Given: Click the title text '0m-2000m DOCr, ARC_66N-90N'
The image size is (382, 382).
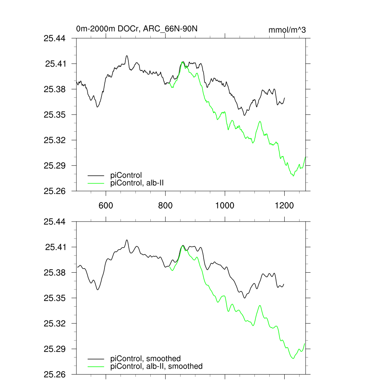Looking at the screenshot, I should [x=139, y=29].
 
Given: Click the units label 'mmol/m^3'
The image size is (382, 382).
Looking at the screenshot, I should [x=287, y=30].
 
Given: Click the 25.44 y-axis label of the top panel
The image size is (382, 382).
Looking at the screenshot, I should [x=55, y=38].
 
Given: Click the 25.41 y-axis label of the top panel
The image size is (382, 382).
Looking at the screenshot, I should [x=55, y=64].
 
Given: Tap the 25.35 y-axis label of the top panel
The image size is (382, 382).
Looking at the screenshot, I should [x=55, y=115].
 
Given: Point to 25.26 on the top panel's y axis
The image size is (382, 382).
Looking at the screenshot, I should [x=55, y=191].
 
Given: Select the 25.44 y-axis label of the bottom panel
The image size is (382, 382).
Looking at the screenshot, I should [x=55, y=222].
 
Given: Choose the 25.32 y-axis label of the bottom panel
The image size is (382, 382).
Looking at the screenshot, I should [x=55, y=323].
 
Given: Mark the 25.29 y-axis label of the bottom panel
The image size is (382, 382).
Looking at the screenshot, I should [x=55, y=349].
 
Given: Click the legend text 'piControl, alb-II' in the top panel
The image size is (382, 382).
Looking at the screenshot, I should [x=137, y=183].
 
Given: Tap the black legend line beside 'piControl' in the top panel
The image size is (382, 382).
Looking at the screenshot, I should [x=96, y=175].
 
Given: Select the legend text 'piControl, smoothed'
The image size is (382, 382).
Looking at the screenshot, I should [x=145, y=358].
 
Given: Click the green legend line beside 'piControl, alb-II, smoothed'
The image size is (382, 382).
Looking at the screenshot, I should [x=96, y=367].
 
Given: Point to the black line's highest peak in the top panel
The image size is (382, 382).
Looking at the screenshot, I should [x=127, y=56].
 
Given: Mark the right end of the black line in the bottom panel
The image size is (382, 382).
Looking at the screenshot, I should [x=284, y=284].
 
